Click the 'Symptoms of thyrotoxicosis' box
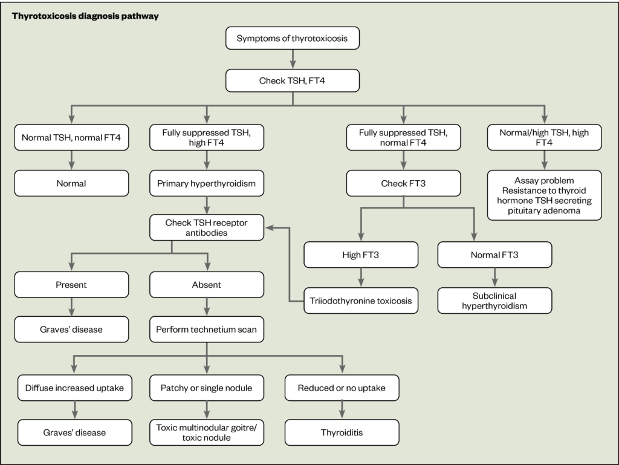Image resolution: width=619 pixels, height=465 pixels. [x=293, y=39]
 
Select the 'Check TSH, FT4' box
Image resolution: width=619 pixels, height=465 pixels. [x=293, y=80]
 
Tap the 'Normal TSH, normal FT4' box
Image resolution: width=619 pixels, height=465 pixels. [x=71, y=137]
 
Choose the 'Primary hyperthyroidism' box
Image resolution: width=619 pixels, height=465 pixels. [x=207, y=183]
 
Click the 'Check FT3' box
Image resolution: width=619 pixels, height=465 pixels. [x=403, y=183]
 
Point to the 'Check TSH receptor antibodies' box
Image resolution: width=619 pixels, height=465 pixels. [x=207, y=227]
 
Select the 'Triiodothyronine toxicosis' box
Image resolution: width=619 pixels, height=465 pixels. [x=361, y=300]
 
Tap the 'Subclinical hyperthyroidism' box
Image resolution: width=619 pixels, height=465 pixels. [x=494, y=300]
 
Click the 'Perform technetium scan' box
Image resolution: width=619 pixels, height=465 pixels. [x=207, y=330]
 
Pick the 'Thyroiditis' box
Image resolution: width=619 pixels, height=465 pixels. [x=342, y=432]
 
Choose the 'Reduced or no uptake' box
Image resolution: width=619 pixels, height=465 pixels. [x=342, y=388]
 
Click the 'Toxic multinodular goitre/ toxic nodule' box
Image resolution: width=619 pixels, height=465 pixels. [x=207, y=432]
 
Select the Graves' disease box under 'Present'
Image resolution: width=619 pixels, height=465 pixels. [x=71, y=330]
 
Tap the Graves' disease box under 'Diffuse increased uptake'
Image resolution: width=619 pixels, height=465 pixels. [x=74, y=432]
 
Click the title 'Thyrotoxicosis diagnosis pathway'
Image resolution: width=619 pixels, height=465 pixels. [x=86, y=16]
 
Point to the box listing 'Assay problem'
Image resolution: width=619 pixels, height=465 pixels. [x=544, y=195]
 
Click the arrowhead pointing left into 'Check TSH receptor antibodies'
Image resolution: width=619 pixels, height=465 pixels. [x=269, y=228]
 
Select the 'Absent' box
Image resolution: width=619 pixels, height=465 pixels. [x=207, y=284]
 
